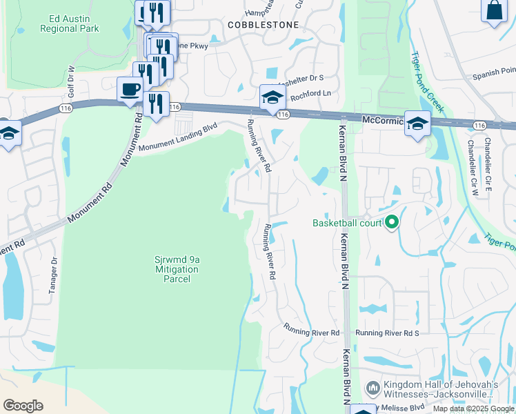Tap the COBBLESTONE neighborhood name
(264, 25)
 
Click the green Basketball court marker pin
(392, 222)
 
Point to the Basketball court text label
(346, 223)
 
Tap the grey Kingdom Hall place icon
(373, 388)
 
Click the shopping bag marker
(494, 10)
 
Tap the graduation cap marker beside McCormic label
(417, 123)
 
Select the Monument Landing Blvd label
(178, 137)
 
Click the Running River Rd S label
(387, 333)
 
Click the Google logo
(23, 405)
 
